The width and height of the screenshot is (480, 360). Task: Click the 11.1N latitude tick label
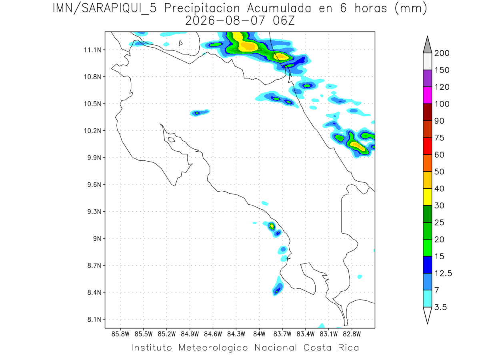[92, 50]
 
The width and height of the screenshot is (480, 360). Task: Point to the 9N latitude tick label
[97, 238]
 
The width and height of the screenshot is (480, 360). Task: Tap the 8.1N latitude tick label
[94, 319]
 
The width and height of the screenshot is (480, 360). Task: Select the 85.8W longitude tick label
[120, 334]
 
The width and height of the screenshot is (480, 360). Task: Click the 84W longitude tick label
[259, 334]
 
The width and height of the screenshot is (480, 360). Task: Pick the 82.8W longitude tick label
[352, 334]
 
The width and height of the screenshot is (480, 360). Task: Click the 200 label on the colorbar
[442, 53]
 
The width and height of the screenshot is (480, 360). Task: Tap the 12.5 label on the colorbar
[443, 274]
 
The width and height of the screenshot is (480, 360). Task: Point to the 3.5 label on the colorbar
[440, 307]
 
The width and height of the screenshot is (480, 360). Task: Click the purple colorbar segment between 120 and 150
[427, 78]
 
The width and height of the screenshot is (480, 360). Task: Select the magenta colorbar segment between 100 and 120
[427, 95]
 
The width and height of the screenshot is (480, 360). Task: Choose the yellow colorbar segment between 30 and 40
[427, 197]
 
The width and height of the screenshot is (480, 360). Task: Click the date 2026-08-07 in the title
[225, 21]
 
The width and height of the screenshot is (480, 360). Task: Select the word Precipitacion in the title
[202, 9]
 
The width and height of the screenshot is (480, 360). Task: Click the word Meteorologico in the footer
[213, 348]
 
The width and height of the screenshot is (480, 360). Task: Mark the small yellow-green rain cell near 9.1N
[272, 226]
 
